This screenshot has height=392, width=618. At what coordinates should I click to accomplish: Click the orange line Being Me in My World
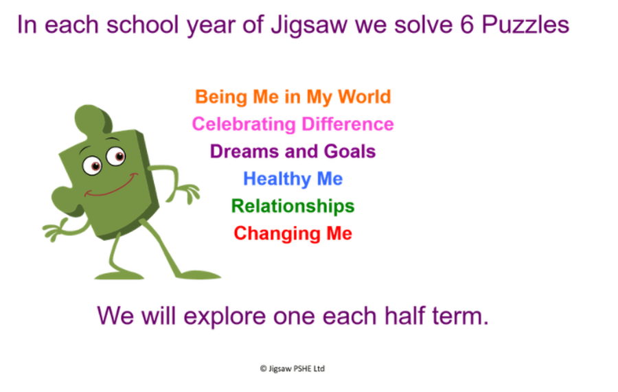(x=293, y=97)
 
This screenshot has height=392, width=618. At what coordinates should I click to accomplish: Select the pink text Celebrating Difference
(x=293, y=124)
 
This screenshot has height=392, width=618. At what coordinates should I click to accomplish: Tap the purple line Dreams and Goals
(x=293, y=151)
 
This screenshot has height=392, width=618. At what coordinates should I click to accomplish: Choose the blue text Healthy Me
(x=293, y=179)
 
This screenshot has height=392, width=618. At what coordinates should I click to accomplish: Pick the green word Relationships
(x=293, y=207)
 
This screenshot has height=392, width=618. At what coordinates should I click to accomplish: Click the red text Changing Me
(x=293, y=234)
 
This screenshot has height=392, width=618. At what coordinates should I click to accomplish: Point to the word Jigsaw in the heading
(x=310, y=26)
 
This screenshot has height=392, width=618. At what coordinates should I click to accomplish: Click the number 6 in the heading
(x=467, y=25)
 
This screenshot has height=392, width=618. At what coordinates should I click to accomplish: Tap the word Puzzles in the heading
(x=525, y=25)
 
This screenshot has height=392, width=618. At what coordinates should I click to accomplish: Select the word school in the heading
(x=143, y=25)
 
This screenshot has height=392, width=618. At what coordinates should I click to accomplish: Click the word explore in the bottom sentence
(x=225, y=316)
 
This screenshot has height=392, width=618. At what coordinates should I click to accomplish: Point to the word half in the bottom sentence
(x=404, y=315)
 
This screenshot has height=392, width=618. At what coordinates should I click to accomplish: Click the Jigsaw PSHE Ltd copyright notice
(x=293, y=369)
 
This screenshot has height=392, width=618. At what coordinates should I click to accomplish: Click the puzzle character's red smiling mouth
(x=111, y=186)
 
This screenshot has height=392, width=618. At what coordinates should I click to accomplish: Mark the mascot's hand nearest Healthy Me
(x=190, y=193)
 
